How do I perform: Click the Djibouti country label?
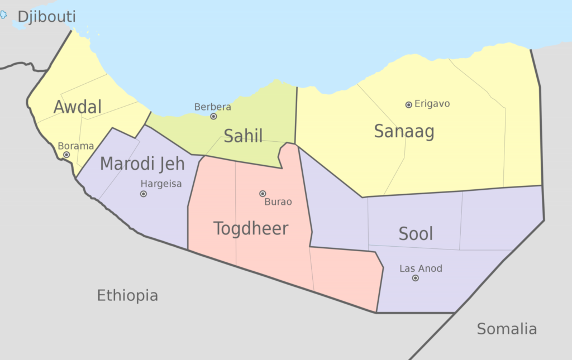46,17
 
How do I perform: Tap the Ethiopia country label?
127,295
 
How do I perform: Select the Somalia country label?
507,329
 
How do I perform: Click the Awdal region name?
78,107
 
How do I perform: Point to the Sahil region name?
243,136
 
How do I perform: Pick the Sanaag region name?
404,131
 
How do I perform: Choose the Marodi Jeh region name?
142,164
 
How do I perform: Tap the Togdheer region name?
251,228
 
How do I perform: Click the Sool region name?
416,234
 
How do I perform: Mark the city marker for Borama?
66,155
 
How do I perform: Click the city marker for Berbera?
213,117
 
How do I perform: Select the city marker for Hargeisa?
144,194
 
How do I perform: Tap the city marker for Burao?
263,194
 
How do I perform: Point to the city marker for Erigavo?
409,104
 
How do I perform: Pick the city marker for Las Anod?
415,278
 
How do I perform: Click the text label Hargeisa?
161,184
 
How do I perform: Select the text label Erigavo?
432,104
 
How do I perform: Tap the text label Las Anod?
421,268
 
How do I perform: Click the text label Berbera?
212,107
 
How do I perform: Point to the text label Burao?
278,202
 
